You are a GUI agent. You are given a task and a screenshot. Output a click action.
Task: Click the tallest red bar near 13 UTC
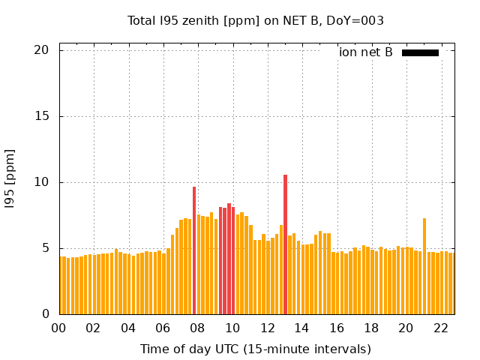[285, 244]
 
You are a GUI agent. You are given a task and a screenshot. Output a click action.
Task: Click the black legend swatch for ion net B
[420, 52]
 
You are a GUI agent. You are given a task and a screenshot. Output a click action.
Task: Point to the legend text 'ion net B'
[366, 52]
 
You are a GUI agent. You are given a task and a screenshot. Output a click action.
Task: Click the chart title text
[256, 20]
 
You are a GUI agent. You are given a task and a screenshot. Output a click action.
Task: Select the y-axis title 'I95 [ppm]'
[10, 182]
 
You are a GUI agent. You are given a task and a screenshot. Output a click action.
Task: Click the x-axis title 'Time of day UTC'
[256, 349]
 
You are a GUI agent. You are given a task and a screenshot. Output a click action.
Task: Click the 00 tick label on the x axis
[58, 328]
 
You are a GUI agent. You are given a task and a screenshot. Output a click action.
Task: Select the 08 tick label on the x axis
[197, 328]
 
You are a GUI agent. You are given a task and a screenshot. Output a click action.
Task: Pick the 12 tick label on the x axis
[267, 328]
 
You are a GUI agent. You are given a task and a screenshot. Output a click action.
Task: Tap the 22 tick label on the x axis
[440, 328]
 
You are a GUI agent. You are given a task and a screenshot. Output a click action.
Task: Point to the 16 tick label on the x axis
[336, 328]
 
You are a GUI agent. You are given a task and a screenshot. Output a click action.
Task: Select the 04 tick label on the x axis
[128, 328]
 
